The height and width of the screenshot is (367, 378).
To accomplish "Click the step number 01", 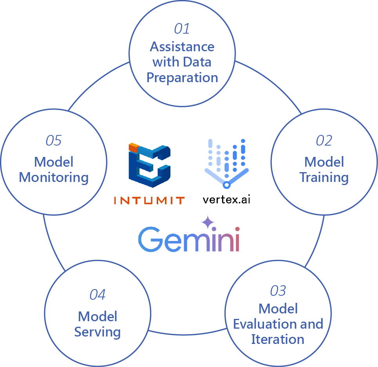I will [x=182, y=29].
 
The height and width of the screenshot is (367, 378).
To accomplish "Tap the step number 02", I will [x=324, y=140].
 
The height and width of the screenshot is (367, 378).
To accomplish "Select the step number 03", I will [x=278, y=291].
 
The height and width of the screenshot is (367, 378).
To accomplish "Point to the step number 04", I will [x=98, y=295].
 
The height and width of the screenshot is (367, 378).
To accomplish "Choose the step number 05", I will [x=54, y=140].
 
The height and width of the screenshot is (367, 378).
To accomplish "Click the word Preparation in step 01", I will [x=182, y=77].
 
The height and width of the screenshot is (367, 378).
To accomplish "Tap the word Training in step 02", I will [x=324, y=177].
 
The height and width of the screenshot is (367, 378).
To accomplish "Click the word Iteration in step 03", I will [x=278, y=339].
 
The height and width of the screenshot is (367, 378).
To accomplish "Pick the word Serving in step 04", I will [x=98, y=332].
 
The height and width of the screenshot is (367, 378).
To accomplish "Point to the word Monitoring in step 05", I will [x=54, y=177].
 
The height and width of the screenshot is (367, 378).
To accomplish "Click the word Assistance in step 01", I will [x=182, y=47].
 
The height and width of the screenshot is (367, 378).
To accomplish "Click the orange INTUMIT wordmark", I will [x=149, y=201].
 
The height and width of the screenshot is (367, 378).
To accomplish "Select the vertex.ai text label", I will [x=226, y=200].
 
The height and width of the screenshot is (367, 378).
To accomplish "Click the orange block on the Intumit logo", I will [x=134, y=148].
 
